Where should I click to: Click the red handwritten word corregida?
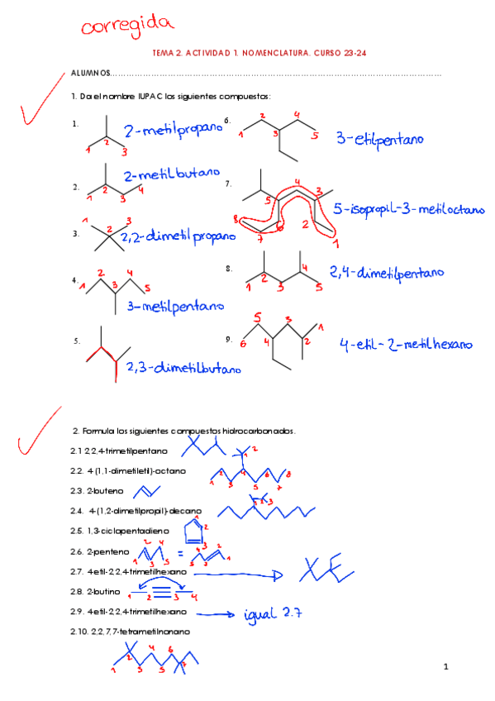click(x=127, y=26)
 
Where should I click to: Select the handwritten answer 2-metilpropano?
click(x=174, y=130)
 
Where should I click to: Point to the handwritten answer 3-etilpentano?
click(x=380, y=139)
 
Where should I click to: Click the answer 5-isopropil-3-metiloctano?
click(x=409, y=209)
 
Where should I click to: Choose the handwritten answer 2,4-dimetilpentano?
click(x=387, y=273)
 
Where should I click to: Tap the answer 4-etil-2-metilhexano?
click(x=406, y=344)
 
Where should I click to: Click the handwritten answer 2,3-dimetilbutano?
click(x=183, y=368)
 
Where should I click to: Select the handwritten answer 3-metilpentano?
click(x=175, y=307)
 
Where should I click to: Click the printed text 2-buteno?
click(x=105, y=491)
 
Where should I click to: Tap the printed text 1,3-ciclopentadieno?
click(x=128, y=531)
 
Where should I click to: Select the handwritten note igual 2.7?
click(x=273, y=614)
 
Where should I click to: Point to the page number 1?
click(x=446, y=666)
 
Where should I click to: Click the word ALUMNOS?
click(x=91, y=73)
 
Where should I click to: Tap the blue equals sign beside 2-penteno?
click(x=180, y=554)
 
